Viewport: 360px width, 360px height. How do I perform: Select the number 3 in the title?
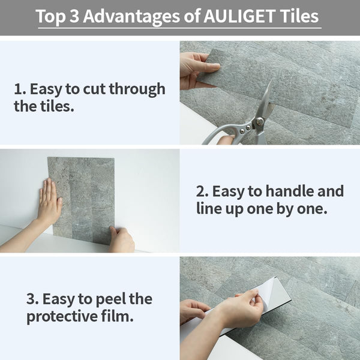tap(74, 16)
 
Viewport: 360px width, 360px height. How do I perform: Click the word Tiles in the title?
tap(298, 16)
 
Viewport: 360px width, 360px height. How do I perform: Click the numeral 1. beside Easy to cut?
tap(19, 90)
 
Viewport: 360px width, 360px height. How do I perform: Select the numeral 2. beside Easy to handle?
tap(202, 191)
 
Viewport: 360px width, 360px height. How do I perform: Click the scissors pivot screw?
tap(259, 121)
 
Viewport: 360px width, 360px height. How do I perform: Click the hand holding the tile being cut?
tap(193, 68)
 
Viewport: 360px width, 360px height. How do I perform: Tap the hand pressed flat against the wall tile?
tap(49, 203)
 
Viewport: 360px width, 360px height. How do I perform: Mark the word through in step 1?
tap(140, 90)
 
